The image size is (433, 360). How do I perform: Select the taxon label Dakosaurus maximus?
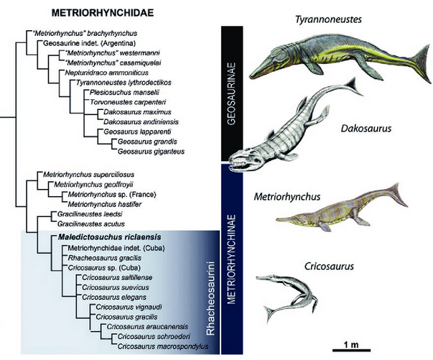coord(134,112)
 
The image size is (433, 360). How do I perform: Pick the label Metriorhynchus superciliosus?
coord(89,175)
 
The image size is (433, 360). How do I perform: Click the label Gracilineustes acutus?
coord(79,223)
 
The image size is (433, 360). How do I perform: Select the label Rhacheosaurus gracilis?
coord(100,257)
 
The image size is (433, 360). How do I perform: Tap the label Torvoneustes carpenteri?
coord(123,102)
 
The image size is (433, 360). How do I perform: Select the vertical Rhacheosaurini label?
coord(211,291)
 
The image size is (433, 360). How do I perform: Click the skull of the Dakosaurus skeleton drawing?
coord(244,167)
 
